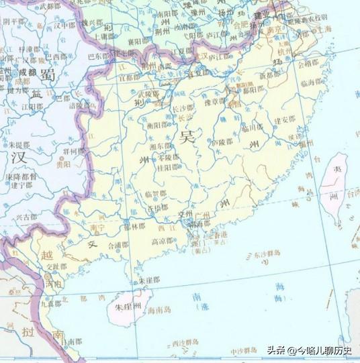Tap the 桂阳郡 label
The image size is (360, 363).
pos(167,168)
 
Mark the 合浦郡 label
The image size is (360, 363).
pos(119,245)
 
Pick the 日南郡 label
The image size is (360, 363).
pos(67,341)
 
